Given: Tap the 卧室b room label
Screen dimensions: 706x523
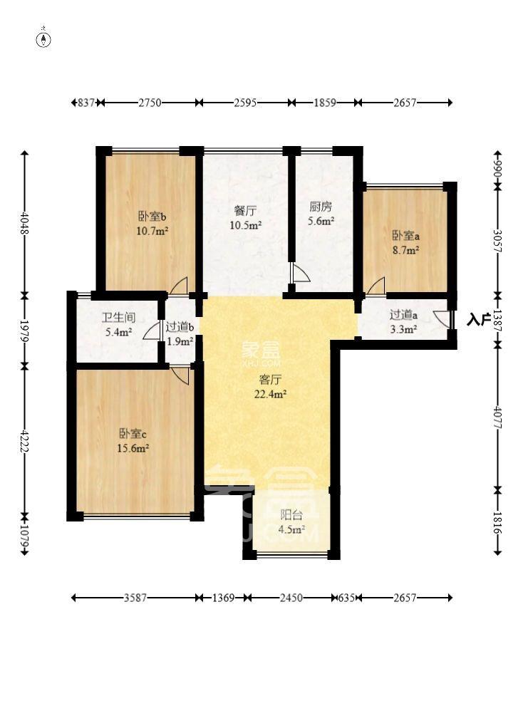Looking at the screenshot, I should click(152, 217).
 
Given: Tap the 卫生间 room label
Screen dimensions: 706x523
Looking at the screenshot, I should click(118, 318).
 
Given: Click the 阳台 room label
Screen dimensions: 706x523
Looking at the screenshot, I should click(290, 514).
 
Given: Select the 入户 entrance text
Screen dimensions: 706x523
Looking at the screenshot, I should click(480, 320).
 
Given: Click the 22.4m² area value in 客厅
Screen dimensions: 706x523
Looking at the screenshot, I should click(271, 393).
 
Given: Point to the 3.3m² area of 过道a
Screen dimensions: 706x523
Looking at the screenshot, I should click(403, 329).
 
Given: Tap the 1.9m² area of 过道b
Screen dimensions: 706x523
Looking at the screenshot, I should click(180, 341).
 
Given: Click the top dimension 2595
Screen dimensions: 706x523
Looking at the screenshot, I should click(246, 103).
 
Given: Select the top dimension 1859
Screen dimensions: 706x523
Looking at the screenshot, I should click(325, 103).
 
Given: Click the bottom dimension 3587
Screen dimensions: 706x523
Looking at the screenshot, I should click(135, 598).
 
